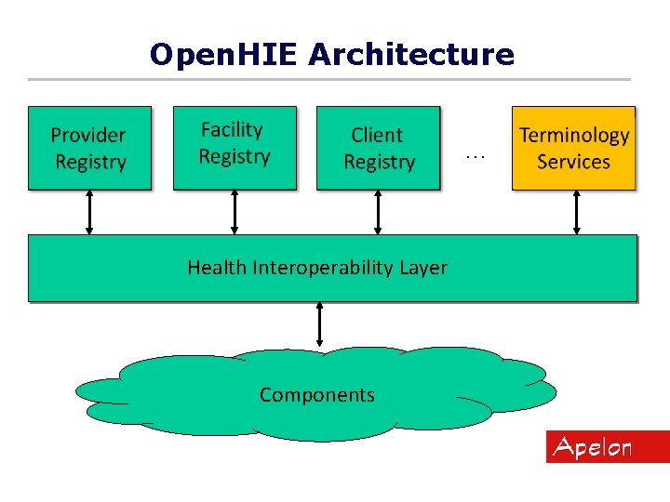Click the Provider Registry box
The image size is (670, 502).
point(89,148)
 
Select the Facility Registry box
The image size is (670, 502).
point(234,148)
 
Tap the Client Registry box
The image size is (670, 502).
point(378,148)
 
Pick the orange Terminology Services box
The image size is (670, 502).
point(573,148)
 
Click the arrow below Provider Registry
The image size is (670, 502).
point(89,212)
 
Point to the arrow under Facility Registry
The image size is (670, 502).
point(234,212)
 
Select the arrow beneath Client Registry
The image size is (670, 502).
point(378,212)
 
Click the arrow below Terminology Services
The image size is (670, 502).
point(577,212)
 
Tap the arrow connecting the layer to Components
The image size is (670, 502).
point(319,324)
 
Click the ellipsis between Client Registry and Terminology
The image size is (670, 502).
point(476,157)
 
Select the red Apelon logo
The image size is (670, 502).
point(607,447)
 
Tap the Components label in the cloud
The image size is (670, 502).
point(317,395)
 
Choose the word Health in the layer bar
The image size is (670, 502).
point(217,268)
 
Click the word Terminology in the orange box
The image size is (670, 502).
point(574,136)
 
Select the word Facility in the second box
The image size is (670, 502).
point(232,130)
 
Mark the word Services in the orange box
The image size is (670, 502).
point(573,162)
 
